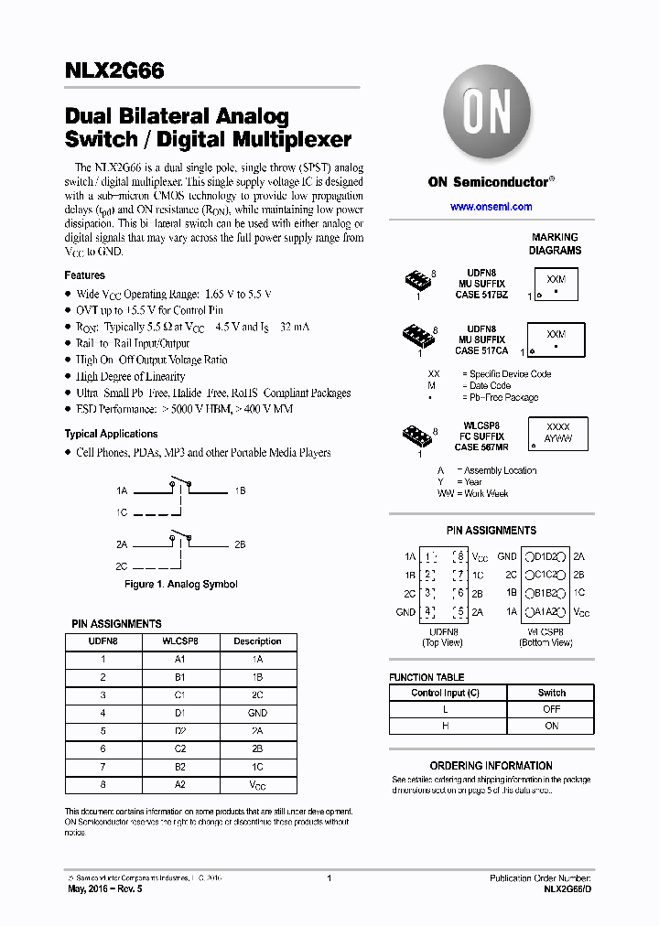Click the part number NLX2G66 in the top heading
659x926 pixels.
(114, 71)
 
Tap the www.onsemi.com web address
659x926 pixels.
(492, 207)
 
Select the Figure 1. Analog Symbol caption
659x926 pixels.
(180, 584)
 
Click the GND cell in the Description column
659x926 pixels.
(257, 713)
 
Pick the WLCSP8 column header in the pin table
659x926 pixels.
(180, 641)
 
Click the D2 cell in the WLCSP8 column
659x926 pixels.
(180, 731)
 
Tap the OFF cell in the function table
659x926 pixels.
(551, 709)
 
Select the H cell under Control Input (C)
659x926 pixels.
(446, 726)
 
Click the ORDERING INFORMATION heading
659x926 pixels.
(492, 766)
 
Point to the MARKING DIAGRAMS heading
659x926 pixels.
(555, 243)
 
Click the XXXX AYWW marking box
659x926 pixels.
(557, 433)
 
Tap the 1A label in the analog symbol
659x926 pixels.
(122, 491)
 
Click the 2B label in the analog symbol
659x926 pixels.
(240, 544)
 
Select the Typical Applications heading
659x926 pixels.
(111, 434)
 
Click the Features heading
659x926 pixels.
(84, 275)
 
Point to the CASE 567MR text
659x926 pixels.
(481, 447)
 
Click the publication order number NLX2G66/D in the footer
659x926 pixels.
(567, 888)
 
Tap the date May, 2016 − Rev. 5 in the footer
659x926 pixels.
(105, 888)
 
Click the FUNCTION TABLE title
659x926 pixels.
(426, 677)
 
